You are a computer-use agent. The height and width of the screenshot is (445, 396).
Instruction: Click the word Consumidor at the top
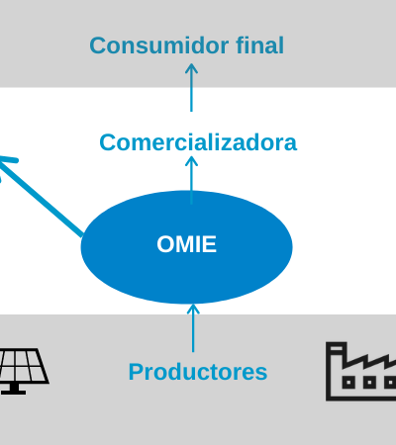(x=159, y=45)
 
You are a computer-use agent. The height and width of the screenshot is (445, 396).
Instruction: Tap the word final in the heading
(x=260, y=44)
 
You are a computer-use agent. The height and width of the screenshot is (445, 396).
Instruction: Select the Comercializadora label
(x=198, y=142)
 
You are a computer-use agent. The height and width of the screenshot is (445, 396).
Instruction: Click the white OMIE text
(x=187, y=244)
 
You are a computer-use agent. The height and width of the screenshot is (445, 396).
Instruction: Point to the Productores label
(x=198, y=372)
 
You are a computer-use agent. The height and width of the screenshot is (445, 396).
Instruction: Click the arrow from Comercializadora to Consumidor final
(x=191, y=88)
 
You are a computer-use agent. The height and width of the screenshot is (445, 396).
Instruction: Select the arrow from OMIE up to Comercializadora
(x=191, y=180)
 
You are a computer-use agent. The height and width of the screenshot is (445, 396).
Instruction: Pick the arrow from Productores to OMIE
(x=193, y=328)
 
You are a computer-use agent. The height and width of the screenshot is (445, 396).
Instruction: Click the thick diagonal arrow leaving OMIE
(x=42, y=196)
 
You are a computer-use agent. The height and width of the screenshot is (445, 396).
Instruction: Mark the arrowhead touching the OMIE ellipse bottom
(x=193, y=309)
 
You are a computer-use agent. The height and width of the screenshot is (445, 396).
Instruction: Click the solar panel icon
(x=23, y=371)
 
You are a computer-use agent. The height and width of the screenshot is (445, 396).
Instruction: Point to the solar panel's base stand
(x=13, y=390)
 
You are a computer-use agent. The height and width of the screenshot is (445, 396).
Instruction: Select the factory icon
(x=361, y=372)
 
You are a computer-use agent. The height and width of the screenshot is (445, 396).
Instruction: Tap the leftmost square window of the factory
(x=348, y=383)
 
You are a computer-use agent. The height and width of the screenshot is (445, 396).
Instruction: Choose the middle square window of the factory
(x=369, y=383)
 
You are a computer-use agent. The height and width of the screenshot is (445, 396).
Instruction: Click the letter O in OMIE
(x=166, y=244)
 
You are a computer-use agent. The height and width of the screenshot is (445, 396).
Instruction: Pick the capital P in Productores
(x=136, y=372)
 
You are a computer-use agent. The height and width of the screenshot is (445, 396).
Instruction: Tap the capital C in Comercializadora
(x=108, y=142)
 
